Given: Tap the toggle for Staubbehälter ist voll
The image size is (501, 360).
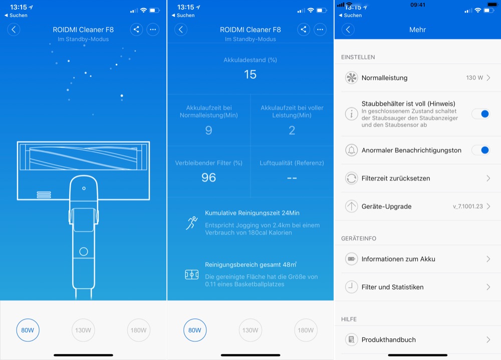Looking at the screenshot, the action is click(x=481, y=114).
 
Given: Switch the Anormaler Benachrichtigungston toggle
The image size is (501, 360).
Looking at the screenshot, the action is click(x=481, y=150).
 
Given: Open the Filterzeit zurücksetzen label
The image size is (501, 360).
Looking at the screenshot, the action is click(x=396, y=178).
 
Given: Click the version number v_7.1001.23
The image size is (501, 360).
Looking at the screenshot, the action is click(x=468, y=206).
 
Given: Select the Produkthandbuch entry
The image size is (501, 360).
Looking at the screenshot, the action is click(x=389, y=339).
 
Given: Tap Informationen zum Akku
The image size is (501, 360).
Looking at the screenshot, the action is click(x=398, y=259).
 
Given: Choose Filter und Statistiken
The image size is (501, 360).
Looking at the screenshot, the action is click(x=392, y=287).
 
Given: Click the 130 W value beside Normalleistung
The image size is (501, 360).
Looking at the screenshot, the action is click(x=474, y=78).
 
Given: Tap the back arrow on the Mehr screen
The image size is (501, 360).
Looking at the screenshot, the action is click(x=348, y=30).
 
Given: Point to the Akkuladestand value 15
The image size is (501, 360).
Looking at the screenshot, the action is click(x=250, y=75).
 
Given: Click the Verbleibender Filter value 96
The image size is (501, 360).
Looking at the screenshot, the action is click(x=208, y=177).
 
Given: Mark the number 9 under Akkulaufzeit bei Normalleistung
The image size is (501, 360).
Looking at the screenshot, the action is click(x=208, y=130).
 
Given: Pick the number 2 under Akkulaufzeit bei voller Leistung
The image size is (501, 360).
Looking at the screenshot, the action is click(x=292, y=130).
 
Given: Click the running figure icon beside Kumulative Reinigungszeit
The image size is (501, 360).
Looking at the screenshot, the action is click(x=192, y=223).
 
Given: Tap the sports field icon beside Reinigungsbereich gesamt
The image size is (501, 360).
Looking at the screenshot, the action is click(x=192, y=274).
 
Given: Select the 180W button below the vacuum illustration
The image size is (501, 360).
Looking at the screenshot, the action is click(x=138, y=330).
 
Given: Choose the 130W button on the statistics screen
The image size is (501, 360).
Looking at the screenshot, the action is click(x=250, y=330).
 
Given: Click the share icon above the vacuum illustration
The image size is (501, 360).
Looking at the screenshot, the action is click(x=136, y=30).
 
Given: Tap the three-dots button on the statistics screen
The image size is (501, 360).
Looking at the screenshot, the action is click(x=320, y=30).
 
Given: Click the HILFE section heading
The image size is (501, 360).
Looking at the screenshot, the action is click(x=349, y=319).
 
